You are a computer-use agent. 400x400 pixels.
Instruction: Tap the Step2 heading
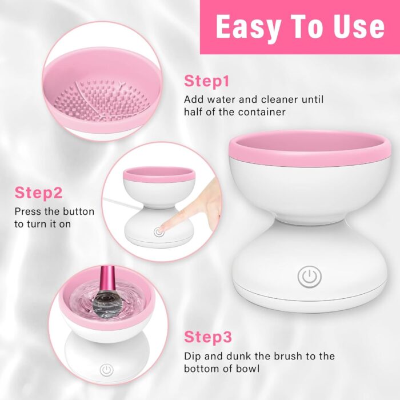click(38, 193)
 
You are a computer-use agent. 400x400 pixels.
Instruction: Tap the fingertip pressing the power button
click(163, 229)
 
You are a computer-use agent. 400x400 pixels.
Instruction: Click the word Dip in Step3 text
click(193, 356)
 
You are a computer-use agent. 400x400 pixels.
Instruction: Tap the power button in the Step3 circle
click(106, 369)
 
